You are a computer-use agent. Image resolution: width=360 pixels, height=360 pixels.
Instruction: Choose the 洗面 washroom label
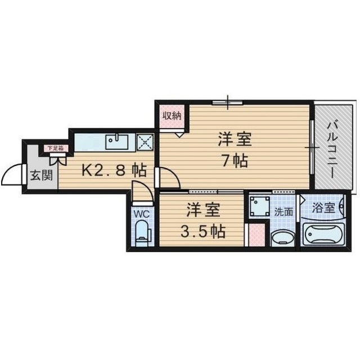coord(283,212)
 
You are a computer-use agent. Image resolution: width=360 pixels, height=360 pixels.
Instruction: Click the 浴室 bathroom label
coord(325,208)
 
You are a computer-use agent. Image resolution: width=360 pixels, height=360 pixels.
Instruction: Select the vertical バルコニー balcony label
coord(332,148)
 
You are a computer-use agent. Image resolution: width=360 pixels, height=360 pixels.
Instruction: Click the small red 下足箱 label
coord(55,148)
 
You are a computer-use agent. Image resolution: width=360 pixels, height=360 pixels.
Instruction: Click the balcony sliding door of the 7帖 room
coord(311,147)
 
